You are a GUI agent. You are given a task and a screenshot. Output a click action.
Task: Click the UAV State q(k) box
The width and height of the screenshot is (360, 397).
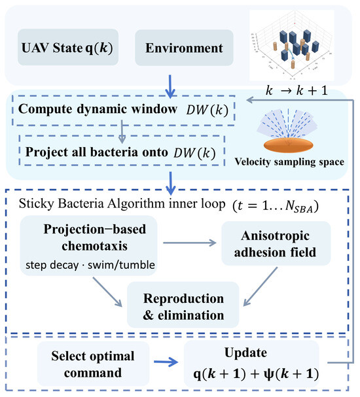[x=68, y=47]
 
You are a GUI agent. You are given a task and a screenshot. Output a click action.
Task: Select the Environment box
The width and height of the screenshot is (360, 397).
[x=184, y=48]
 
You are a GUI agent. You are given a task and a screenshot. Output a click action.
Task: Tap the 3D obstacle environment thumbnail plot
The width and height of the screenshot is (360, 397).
[x=291, y=45]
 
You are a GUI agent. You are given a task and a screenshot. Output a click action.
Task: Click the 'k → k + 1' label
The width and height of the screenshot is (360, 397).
[x=297, y=90]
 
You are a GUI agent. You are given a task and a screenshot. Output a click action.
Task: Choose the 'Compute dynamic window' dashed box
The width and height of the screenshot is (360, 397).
[x=124, y=110]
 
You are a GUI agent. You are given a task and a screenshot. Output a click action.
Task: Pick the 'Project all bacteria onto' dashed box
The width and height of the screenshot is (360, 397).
[x=122, y=150]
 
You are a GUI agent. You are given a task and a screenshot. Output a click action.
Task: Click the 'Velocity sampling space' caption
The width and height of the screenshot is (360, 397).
[x=289, y=162]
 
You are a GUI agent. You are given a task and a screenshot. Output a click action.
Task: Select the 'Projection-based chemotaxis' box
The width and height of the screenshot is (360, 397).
[x=88, y=246]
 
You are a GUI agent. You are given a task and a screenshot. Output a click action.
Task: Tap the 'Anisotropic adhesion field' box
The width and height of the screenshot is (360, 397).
[x=276, y=243]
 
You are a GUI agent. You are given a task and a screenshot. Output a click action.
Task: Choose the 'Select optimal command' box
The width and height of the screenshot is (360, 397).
[x=93, y=364]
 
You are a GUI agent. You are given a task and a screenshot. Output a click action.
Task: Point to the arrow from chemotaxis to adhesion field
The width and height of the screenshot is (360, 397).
[x=190, y=243]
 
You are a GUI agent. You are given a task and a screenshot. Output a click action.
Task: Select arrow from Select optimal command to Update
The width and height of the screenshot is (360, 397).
[x=166, y=362]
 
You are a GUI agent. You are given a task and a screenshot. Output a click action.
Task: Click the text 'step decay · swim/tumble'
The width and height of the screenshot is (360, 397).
[x=90, y=265]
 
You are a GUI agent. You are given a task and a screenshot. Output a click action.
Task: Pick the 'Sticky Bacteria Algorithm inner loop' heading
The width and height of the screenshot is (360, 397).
[x=122, y=204]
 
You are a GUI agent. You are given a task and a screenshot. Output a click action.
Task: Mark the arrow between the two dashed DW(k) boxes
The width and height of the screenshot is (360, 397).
[x=122, y=132]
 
